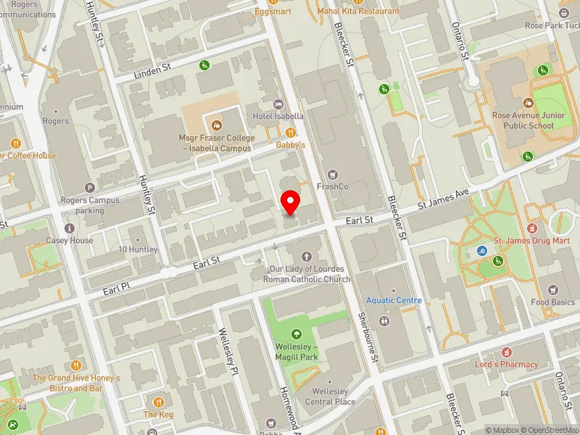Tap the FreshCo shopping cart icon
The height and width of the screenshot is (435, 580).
point(333,174)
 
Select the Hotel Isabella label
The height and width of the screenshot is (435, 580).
point(278,116)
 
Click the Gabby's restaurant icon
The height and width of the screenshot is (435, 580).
point(291,132)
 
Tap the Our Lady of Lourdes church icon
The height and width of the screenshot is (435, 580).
point(307,257)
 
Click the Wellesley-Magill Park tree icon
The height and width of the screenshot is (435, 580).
point(297,334)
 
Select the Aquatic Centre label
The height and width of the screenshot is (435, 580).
point(394,300)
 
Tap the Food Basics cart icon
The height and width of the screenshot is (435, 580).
point(554,289)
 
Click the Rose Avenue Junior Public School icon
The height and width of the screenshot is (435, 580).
point(528,103)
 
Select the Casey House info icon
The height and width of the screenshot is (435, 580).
point(70,228)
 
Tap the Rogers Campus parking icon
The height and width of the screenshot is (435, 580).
point(90,187)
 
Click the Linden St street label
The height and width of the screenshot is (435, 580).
point(152,70)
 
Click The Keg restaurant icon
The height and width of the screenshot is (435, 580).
point(159,402)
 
